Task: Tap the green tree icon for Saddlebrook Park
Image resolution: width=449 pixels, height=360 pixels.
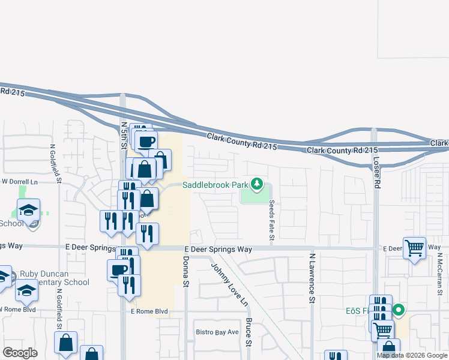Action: pyautogui.click(x=258, y=184)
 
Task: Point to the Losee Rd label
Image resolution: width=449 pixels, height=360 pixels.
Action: pyautogui.click(x=377, y=173)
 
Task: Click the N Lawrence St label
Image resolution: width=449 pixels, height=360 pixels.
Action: pyautogui.click(x=312, y=277)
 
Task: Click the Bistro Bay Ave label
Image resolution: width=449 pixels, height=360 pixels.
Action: pyautogui.click(x=217, y=332)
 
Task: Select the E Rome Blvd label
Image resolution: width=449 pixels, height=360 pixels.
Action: pyautogui.click(x=149, y=312)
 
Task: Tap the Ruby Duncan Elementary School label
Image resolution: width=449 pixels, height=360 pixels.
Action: pyautogui.click(x=55, y=278)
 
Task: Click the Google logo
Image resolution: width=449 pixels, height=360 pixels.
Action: pyautogui.click(x=20, y=353)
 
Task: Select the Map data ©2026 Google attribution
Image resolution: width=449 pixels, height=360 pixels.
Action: pyautogui.click(x=412, y=355)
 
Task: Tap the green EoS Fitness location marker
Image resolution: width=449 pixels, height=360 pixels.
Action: pyautogui.click(x=397, y=311)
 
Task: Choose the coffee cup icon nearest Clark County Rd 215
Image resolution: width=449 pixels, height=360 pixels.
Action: pyautogui.click(x=146, y=142)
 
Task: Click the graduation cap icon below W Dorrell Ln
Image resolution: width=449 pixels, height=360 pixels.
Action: pyautogui.click(x=28, y=210)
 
